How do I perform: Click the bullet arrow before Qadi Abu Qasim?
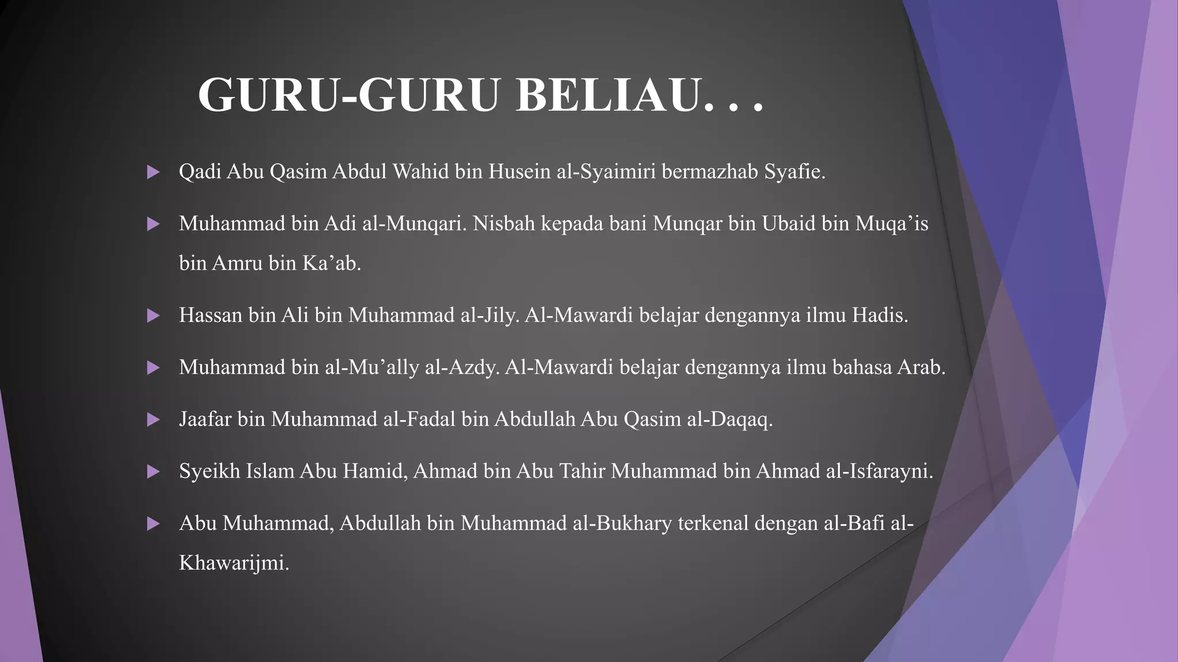(153, 172)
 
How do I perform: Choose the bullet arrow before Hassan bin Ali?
(153, 315)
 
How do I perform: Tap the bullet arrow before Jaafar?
(153, 419)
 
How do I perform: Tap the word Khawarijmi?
(233, 563)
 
